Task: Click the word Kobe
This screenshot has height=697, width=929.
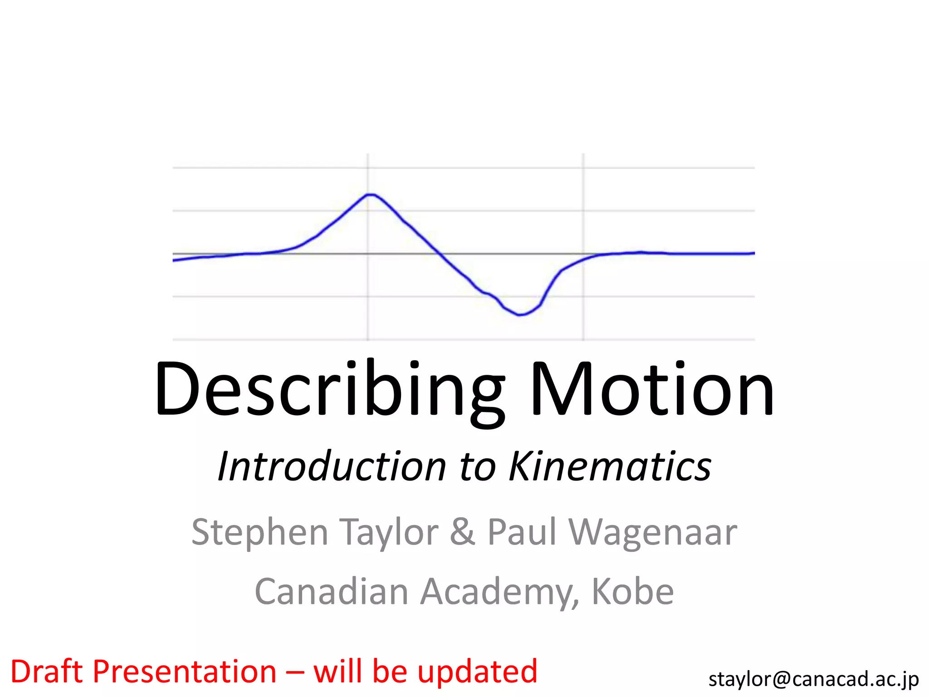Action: [633, 592]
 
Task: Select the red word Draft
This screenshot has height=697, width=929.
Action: [46, 672]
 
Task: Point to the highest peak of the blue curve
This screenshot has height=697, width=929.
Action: [371, 195]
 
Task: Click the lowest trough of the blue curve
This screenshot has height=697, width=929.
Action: [520, 314]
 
